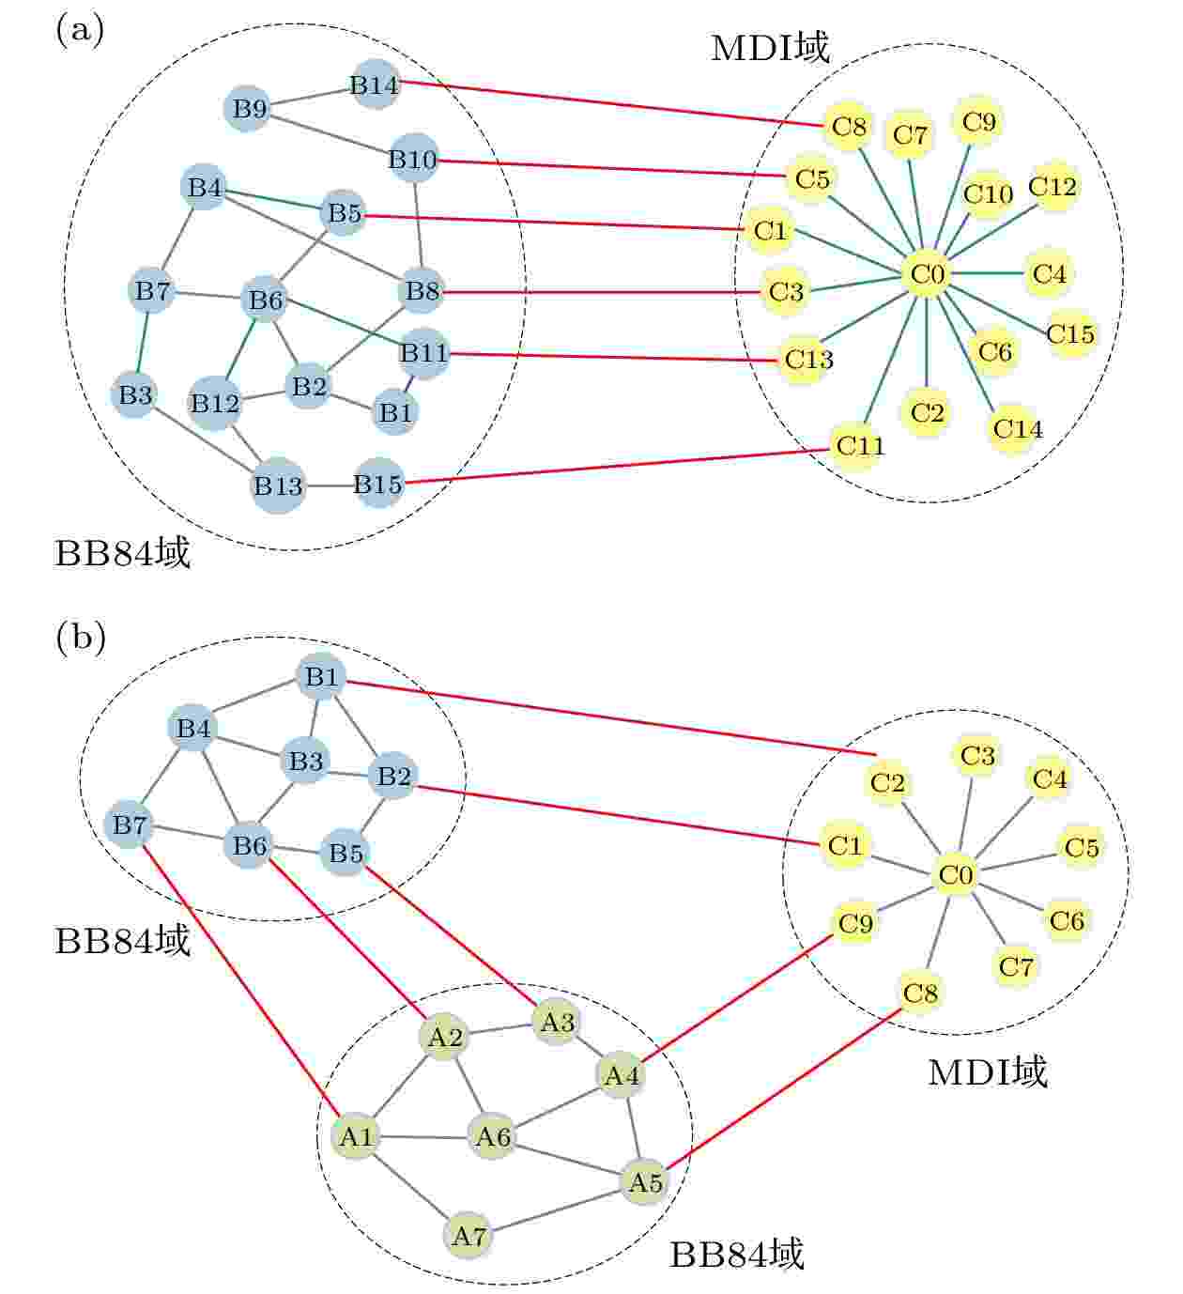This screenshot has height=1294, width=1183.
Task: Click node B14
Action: (x=374, y=85)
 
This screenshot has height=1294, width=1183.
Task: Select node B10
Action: (x=413, y=160)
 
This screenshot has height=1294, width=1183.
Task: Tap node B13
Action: (x=278, y=485)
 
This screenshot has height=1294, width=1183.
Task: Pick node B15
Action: (x=378, y=484)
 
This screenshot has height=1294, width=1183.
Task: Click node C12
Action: (x=1052, y=187)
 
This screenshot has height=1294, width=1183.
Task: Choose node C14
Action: (x=1017, y=428)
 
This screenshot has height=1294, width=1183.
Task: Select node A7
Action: (x=469, y=1236)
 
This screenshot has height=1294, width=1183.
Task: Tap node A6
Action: (x=493, y=1136)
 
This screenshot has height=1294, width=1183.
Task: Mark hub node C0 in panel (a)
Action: (x=927, y=274)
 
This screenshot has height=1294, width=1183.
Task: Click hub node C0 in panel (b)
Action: (x=955, y=875)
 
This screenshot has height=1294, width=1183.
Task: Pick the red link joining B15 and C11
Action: (x=617, y=466)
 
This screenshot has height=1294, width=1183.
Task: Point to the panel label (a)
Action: (x=80, y=30)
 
